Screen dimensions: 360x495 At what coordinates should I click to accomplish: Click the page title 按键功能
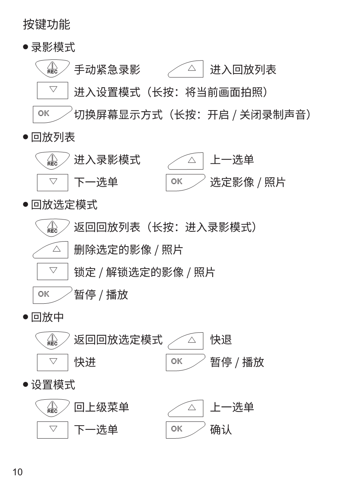47,24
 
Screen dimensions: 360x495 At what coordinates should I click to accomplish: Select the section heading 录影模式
53,47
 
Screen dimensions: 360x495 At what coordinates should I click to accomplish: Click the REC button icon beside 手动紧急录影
53,68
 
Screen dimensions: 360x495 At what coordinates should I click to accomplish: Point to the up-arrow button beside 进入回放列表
185,69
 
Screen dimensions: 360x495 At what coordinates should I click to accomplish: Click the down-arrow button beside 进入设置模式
53,90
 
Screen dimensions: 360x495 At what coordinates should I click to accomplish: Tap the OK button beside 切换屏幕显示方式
52,114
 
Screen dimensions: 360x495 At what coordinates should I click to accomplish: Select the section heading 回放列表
53,137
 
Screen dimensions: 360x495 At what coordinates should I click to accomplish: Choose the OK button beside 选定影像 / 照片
185,183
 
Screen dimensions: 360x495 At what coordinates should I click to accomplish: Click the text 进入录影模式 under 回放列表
107,160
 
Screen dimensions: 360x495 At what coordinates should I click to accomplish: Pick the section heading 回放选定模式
64,205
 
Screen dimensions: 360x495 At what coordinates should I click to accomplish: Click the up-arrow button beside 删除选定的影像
50,250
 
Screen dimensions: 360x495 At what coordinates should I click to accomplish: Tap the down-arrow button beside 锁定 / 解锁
53,272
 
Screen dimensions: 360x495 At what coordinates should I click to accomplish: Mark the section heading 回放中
47,317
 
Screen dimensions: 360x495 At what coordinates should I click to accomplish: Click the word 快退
221,340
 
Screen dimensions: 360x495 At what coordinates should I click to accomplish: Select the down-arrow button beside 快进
53,363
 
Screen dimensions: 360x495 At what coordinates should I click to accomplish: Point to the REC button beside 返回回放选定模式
53,340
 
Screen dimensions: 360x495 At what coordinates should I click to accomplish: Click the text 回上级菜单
101,407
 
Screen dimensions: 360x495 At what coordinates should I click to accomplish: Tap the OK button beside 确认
185,430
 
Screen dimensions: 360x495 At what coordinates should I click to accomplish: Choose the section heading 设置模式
53,385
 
